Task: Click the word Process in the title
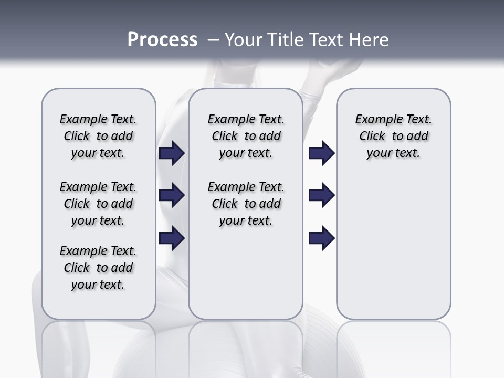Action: click(162, 40)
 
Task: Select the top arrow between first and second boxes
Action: click(172, 153)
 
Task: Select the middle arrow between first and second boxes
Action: click(172, 195)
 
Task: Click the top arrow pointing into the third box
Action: click(321, 153)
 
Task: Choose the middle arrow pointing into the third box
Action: click(321, 195)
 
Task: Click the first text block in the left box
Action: click(98, 136)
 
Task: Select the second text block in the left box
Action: click(98, 204)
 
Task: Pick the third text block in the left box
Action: click(98, 268)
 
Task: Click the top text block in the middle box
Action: click(246, 136)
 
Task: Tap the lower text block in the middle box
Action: click(246, 204)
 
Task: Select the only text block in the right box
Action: click(393, 136)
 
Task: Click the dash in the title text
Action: click(213, 40)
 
